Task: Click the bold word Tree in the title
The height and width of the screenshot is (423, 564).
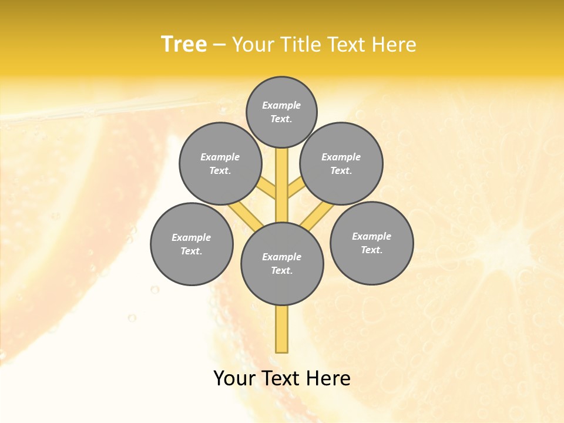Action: tap(184, 44)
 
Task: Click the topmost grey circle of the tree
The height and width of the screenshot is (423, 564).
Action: tap(281, 112)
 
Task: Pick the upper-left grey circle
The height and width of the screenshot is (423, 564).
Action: tap(220, 163)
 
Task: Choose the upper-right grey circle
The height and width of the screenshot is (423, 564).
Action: tap(341, 163)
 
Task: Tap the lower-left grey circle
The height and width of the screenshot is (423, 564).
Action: tap(192, 244)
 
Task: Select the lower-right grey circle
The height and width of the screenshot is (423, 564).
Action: tap(372, 243)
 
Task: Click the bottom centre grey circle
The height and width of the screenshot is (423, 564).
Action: tap(282, 264)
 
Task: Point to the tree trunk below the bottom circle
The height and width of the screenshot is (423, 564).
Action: tap(282, 329)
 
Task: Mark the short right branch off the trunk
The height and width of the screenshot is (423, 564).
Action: tap(296, 188)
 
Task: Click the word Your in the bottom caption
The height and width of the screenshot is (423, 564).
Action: tap(234, 378)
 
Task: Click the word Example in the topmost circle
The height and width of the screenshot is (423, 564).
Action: tap(281, 105)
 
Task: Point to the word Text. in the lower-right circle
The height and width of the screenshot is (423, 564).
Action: tap(372, 250)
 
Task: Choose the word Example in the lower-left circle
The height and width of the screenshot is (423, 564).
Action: tap(192, 237)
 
